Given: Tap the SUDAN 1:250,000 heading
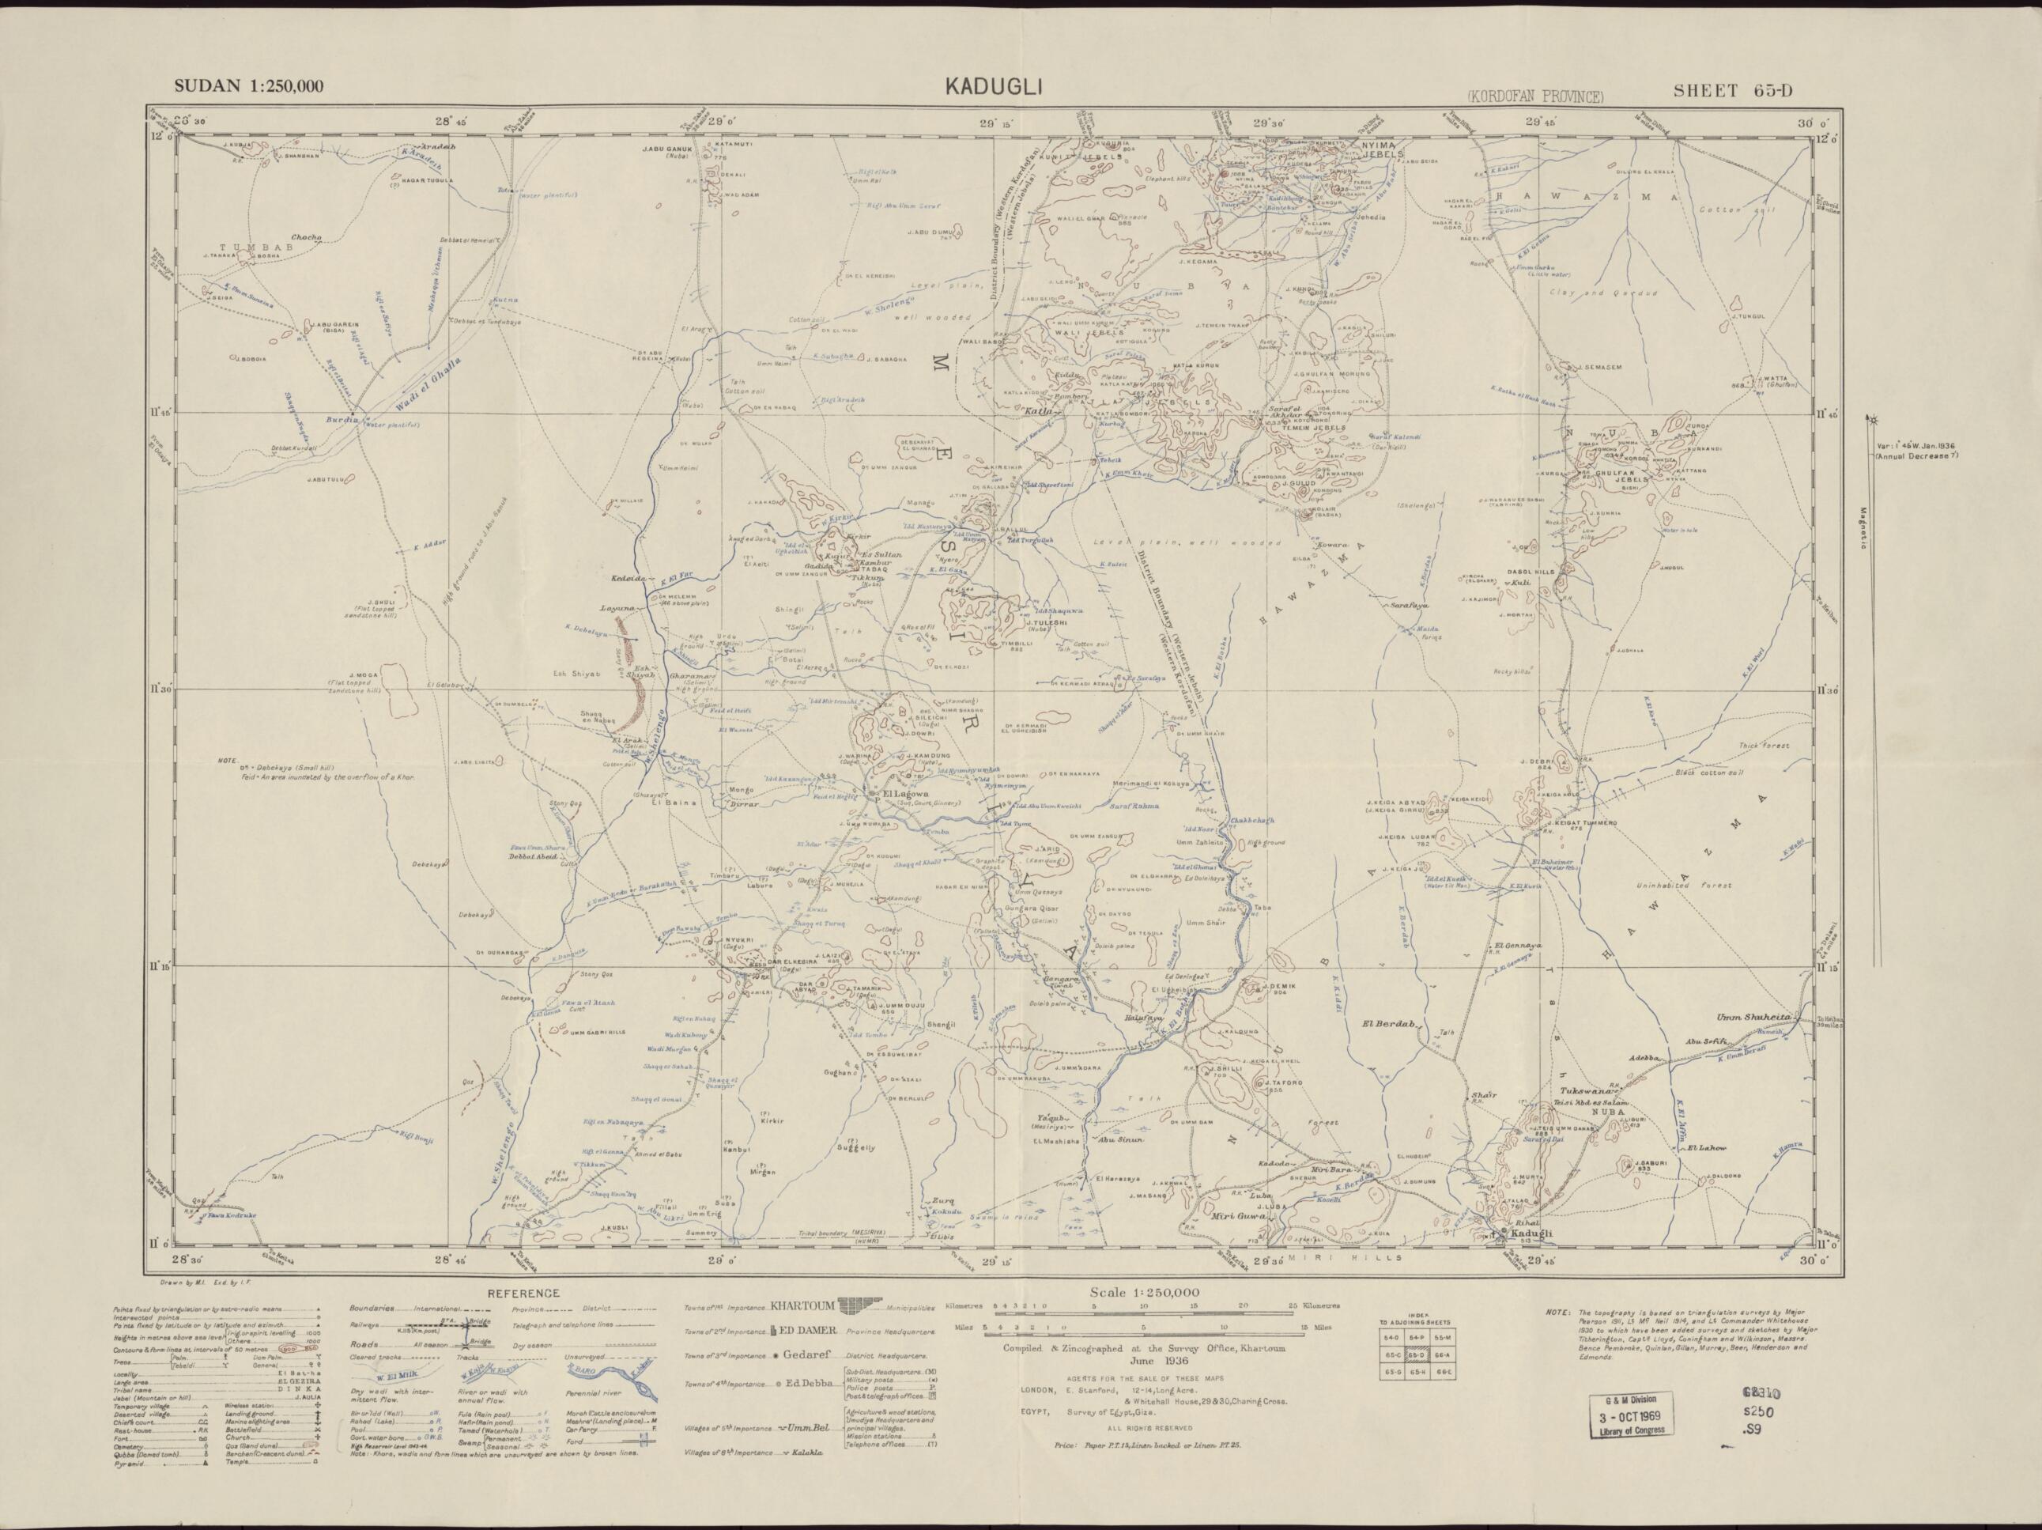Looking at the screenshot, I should (x=249, y=87).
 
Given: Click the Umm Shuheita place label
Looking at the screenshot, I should (x=1753, y=1017).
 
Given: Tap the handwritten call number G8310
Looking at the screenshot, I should (x=1761, y=1392).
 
